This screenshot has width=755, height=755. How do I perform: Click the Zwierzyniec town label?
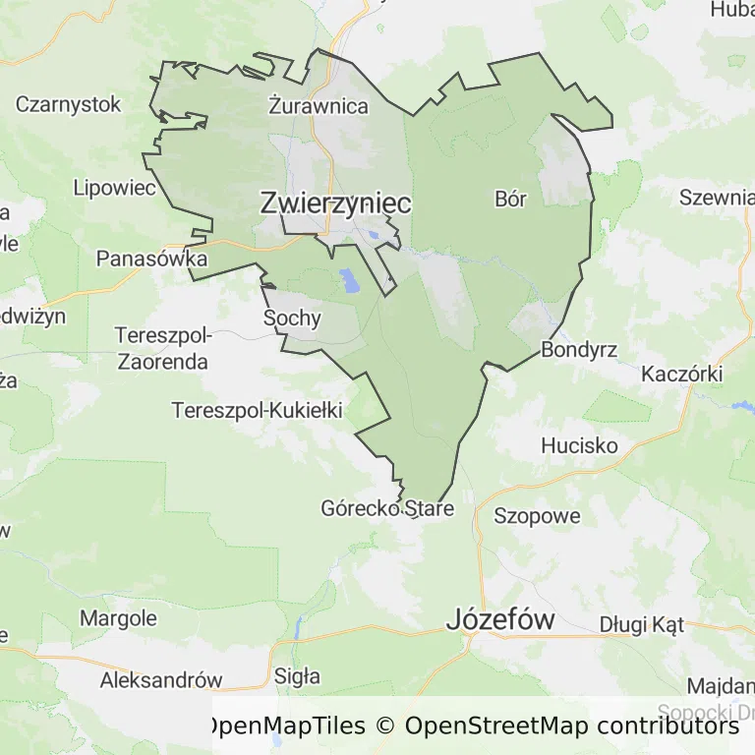click(x=335, y=203)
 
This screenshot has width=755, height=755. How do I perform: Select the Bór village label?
click(x=511, y=200)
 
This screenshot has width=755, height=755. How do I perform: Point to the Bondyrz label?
click(x=579, y=350)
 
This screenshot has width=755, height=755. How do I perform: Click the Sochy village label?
click(x=292, y=318)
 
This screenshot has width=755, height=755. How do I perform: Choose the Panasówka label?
click(x=151, y=259)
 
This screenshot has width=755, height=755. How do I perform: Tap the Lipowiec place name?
click(x=115, y=188)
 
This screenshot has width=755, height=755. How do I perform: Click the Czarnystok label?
click(x=68, y=103)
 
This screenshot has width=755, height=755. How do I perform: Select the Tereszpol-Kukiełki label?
click(x=257, y=410)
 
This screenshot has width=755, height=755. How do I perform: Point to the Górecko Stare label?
click(x=387, y=509)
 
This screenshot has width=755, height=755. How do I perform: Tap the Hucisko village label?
click(x=579, y=445)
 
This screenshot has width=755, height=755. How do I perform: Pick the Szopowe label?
click(x=537, y=515)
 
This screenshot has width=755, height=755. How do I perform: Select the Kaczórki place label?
click(x=681, y=374)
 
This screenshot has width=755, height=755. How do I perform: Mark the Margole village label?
click(x=118, y=618)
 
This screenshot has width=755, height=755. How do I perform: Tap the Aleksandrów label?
click(x=161, y=679)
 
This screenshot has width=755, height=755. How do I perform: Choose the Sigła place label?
click(x=297, y=676)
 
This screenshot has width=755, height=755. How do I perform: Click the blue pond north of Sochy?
click(x=349, y=281)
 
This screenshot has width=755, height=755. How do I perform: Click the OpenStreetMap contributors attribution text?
click(x=572, y=726)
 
